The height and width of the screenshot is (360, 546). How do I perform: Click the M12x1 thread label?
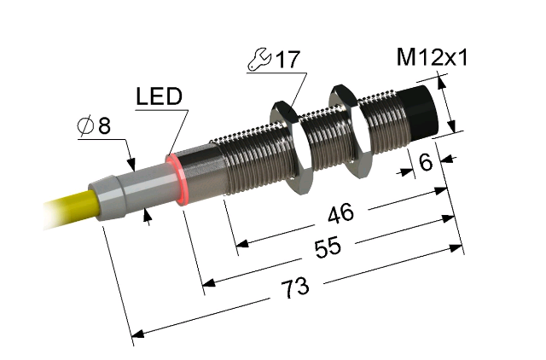pyautogui.click(x=432, y=57)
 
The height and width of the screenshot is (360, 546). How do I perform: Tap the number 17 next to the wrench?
pyautogui.click(x=288, y=60)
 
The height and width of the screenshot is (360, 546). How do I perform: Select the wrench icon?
pyautogui.click(x=259, y=59)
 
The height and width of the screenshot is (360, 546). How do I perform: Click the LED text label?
pyautogui.click(x=160, y=96)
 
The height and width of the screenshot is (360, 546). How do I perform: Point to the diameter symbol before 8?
pyautogui.click(x=85, y=125)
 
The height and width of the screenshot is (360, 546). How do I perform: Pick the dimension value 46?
pyautogui.click(x=340, y=212)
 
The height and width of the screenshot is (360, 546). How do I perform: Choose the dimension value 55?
pyautogui.click(x=328, y=248)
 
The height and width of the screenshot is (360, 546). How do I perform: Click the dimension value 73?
pyautogui.click(x=295, y=288)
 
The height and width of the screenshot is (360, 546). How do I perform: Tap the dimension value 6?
pyautogui.click(x=426, y=162)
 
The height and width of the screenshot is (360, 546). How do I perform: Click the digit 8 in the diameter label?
pyautogui.click(x=104, y=125)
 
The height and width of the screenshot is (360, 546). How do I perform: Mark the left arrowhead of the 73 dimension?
pyautogui.click(x=138, y=334)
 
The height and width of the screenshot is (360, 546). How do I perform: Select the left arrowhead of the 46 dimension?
pyautogui.click(x=242, y=243)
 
